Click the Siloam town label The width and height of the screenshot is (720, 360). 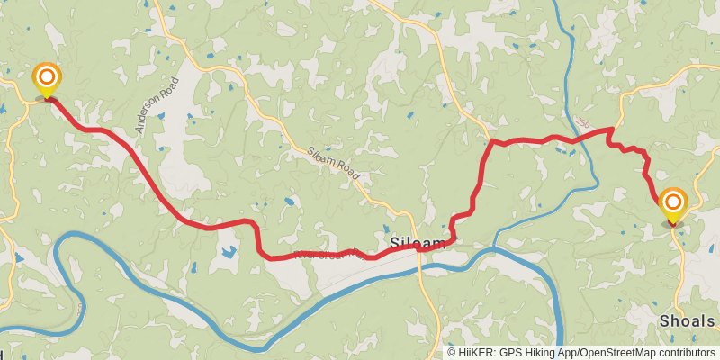(x=417, y=244)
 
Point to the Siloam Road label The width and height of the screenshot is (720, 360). (x=332, y=166)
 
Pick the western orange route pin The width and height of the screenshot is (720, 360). (x=45, y=80)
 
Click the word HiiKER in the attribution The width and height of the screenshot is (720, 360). (x=474, y=353)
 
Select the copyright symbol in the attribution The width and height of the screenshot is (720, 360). (x=452, y=353)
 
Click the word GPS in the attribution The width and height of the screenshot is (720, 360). (x=510, y=353)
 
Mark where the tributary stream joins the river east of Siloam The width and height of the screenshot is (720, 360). (x=493, y=248)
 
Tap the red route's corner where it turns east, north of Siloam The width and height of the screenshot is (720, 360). (x=491, y=142)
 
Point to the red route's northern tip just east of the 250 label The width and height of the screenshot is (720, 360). (x=612, y=129)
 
